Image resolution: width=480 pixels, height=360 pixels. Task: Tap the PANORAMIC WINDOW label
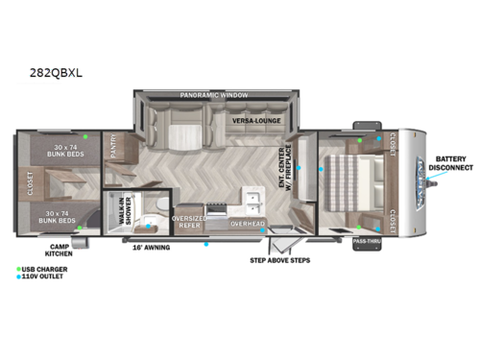(x=213, y=96)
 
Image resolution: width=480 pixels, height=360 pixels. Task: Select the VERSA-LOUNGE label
(x=254, y=121)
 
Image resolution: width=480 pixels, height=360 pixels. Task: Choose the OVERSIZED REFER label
(x=188, y=222)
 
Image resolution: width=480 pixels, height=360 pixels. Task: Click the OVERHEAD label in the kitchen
(x=248, y=223)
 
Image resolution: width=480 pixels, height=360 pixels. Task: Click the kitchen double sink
(x=252, y=201)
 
